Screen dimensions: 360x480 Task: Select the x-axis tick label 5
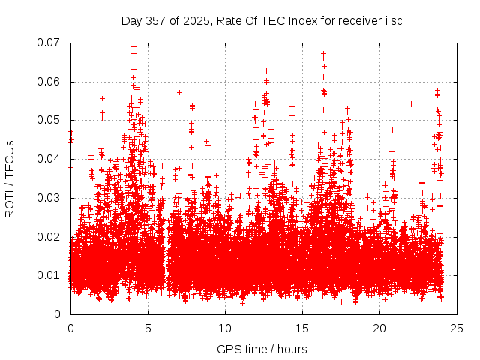[x=148, y=328]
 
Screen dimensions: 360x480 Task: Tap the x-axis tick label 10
[x=225, y=328]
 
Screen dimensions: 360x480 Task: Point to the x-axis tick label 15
[x=302, y=328]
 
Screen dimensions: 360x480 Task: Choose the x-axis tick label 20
[x=379, y=328]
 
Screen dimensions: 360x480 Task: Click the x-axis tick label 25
[x=457, y=328]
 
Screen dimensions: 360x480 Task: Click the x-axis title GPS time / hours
[x=262, y=349]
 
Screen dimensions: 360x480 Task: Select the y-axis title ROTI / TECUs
[x=10, y=178]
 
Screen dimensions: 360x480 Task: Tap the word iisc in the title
[x=393, y=21]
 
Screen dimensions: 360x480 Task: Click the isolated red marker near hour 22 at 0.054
[x=411, y=103]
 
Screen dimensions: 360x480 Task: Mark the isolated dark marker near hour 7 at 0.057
[x=179, y=92]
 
